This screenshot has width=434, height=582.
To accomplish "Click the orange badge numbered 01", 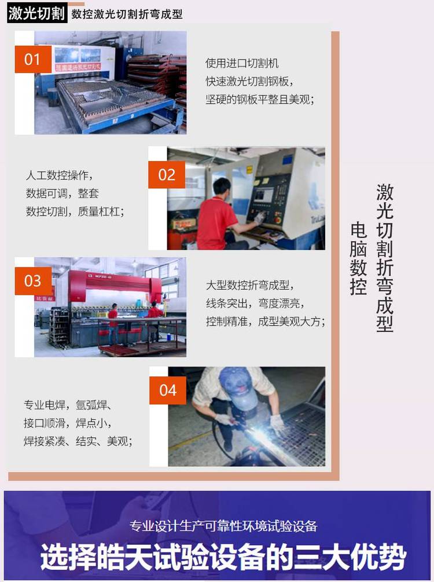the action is tap(33, 60).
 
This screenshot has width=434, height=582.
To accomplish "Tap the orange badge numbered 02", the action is tap(167, 175).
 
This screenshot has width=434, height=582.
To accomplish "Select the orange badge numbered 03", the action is tap(33, 281).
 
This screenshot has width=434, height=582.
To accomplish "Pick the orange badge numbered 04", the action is tap(168, 390).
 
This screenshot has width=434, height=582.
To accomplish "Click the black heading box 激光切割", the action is tap(36, 14).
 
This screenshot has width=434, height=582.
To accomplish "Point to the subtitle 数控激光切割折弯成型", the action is tap(127, 14).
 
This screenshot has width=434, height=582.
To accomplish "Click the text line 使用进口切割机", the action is tap(242, 63).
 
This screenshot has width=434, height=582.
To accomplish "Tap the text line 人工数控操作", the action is tap(60, 175).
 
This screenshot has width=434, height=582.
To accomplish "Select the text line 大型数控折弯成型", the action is tap(249, 285).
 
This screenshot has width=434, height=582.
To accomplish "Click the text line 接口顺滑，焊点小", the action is tap(68, 423).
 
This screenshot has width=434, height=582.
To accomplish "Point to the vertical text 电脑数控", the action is tap(358, 259).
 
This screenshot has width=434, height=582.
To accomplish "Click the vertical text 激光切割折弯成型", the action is tap(385, 258).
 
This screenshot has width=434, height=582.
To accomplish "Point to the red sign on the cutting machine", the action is tap(78, 67).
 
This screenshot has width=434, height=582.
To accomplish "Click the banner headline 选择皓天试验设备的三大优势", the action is tap(223, 557).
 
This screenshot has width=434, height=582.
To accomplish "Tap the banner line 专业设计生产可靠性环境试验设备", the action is tap(223, 526).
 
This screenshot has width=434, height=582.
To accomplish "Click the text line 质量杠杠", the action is tap(101, 211).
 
